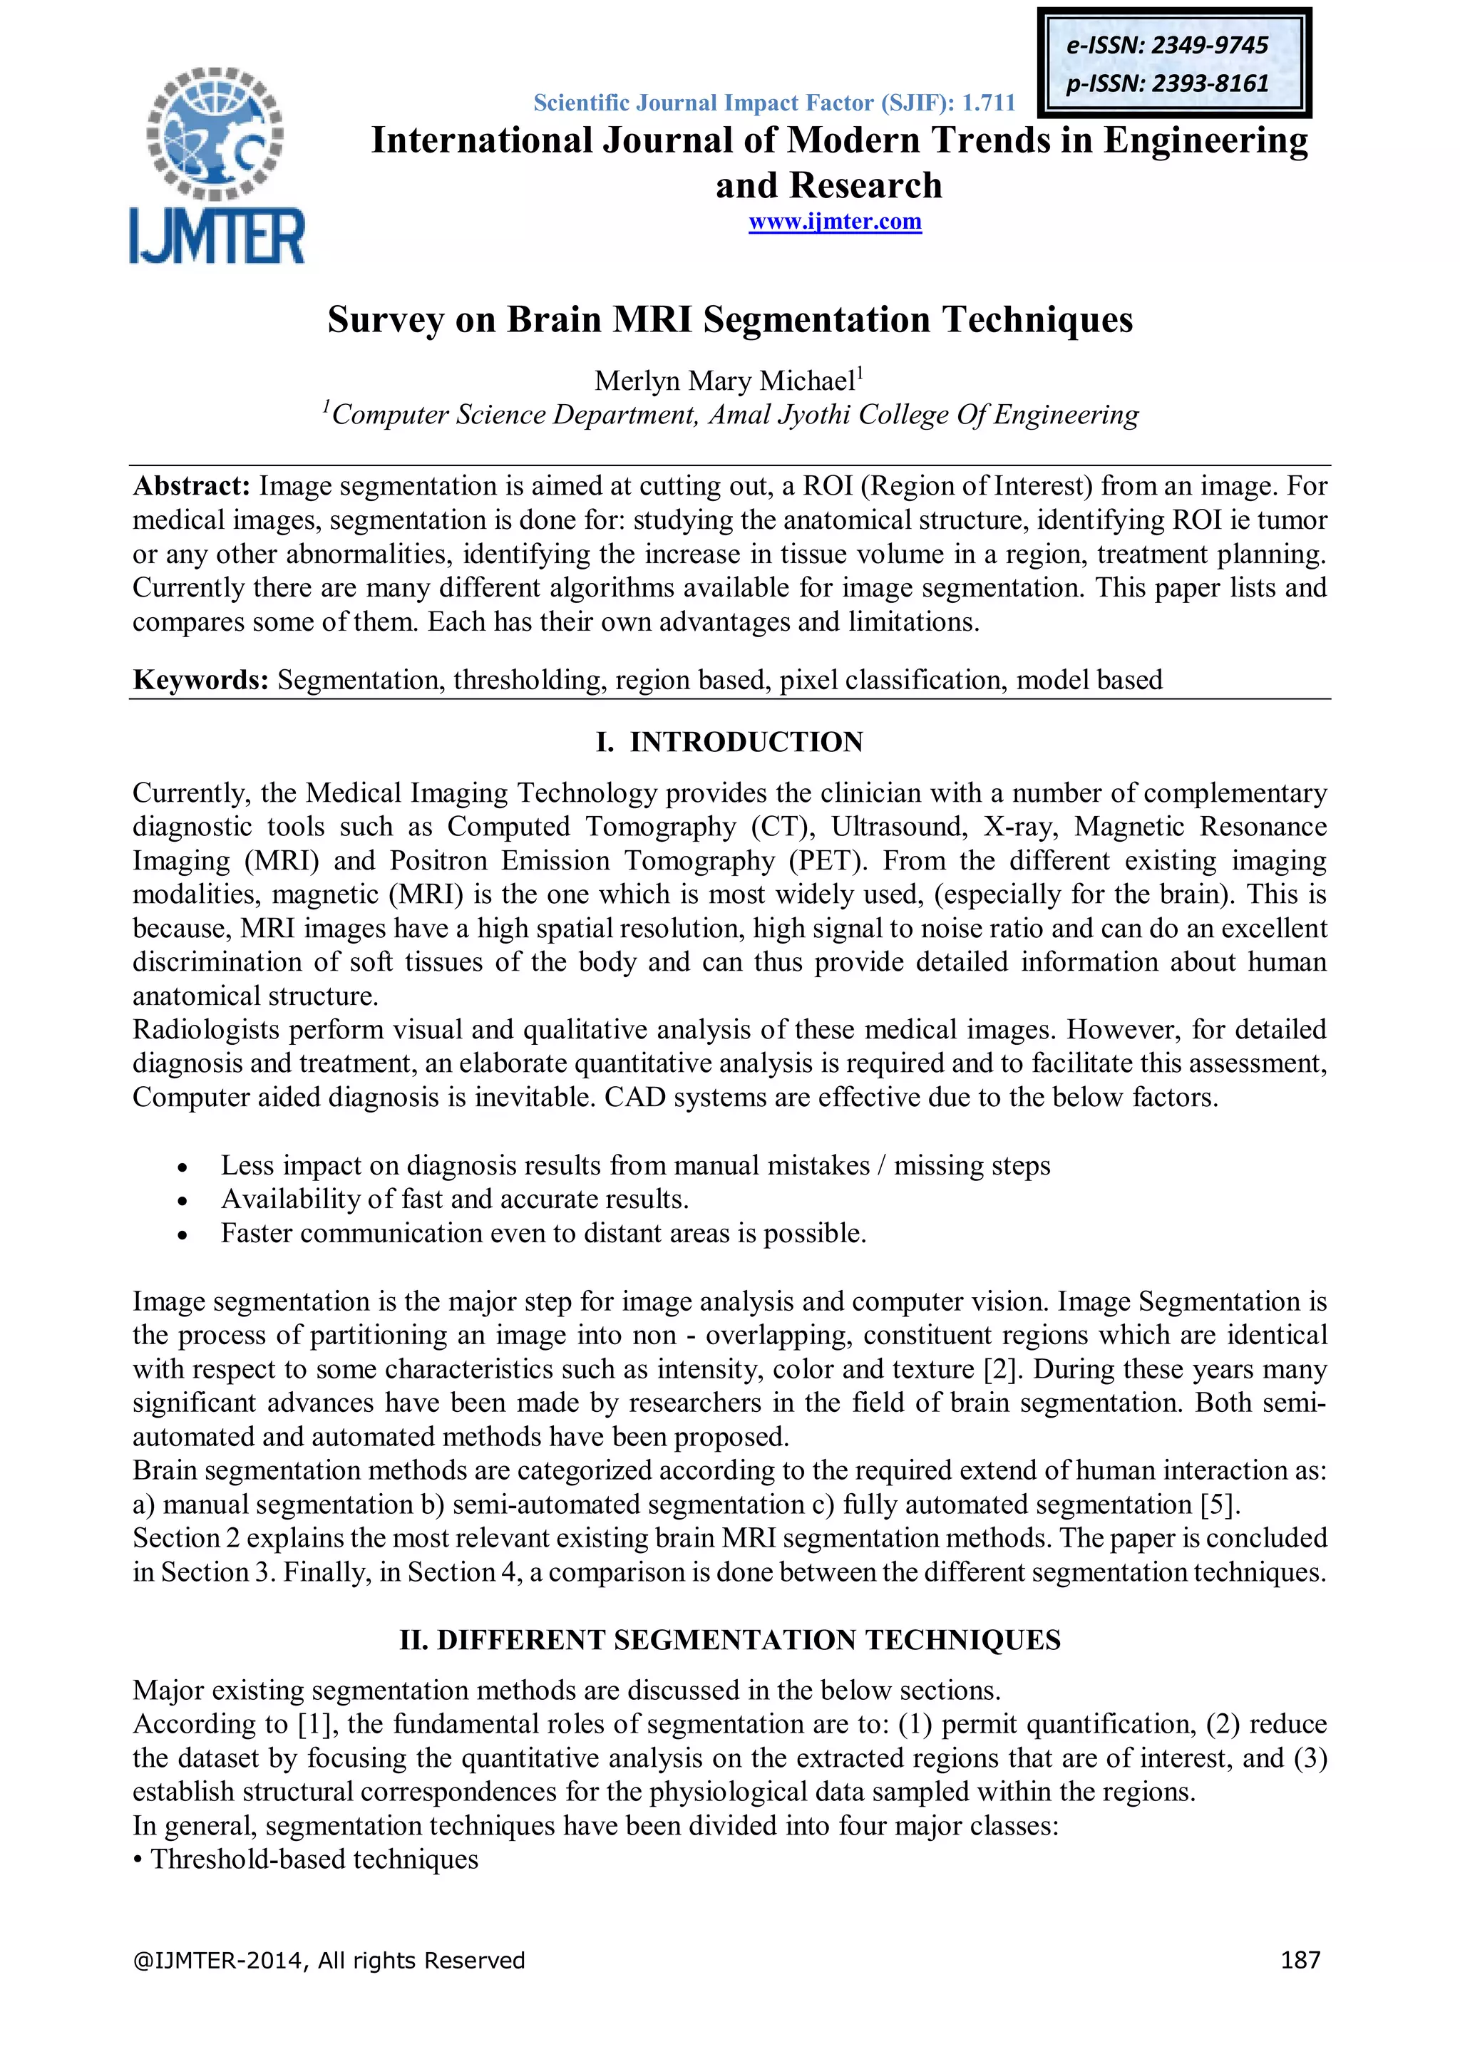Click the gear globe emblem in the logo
coord(215,132)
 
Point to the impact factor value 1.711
coord(988,103)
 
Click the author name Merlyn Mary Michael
coord(724,381)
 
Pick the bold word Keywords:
coord(200,680)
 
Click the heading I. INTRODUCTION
coord(729,742)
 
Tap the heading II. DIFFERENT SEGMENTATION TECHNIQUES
coord(729,1640)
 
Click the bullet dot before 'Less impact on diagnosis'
coord(182,1167)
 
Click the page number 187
coord(1300,1960)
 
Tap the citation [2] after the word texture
coord(1002,1369)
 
